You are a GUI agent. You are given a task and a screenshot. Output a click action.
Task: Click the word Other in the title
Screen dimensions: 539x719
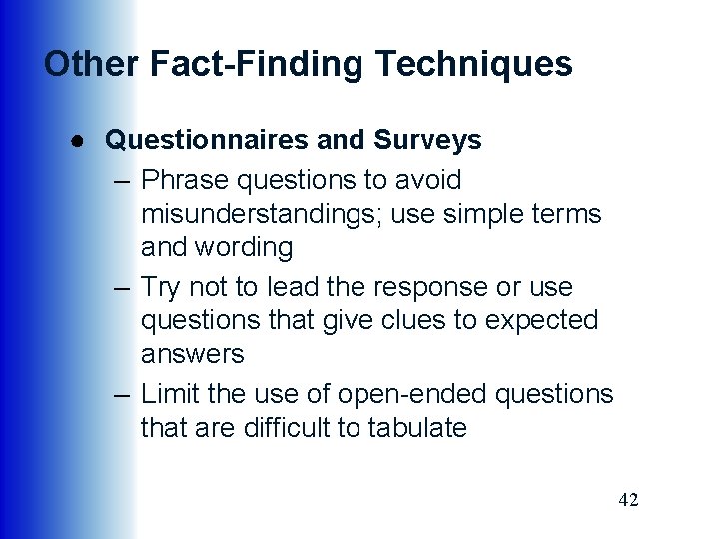91,64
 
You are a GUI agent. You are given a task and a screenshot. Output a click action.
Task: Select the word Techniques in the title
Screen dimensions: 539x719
473,64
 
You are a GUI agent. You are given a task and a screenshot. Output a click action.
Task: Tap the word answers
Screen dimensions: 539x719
193,354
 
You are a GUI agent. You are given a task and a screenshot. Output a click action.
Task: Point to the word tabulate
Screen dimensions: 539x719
417,428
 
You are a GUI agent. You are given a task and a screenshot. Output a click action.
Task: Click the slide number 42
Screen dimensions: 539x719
628,499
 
